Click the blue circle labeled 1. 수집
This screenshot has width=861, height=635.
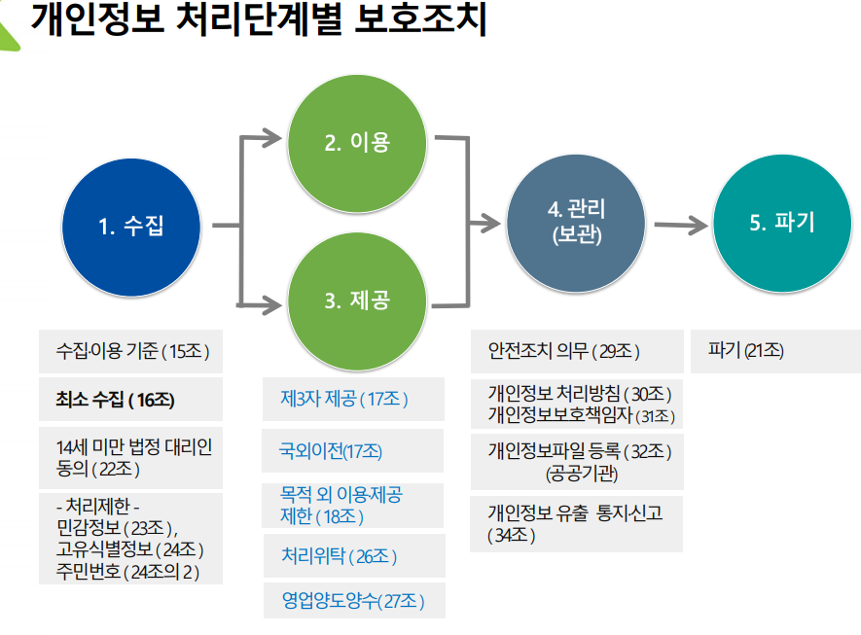click(x=131, y=227)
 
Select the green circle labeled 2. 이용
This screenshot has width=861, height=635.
click(x=357, y=142)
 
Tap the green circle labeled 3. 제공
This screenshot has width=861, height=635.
click(x=357, y=300)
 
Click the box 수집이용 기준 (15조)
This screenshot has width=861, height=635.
click(x=132, y=351)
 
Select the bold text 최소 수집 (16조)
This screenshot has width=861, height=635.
click(x=116, y=400)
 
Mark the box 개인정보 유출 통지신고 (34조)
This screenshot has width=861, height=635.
click(x=575, y=523)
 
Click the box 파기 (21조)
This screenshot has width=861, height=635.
click(x=747, y=350)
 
